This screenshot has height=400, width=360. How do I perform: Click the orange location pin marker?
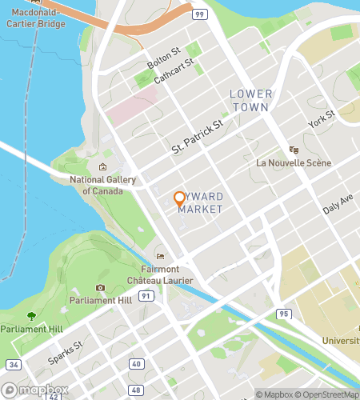tap(179, 198)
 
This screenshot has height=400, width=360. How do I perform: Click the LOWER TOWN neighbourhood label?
tap(251, 100)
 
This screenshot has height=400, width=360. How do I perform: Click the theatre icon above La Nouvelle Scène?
tap(294, 149)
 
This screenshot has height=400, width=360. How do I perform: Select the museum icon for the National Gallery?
tap(102, 166)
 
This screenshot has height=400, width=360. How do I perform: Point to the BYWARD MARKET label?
tap(200, 202)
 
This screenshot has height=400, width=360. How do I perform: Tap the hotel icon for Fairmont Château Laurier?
tap(160, 256)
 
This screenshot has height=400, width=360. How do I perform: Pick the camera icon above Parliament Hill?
tap(100, 287)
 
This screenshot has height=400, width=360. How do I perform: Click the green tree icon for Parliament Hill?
tap(31, 317)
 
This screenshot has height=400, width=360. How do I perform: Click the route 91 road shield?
tap(145, 295)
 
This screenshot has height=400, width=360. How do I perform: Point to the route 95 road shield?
tap(282, 313)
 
